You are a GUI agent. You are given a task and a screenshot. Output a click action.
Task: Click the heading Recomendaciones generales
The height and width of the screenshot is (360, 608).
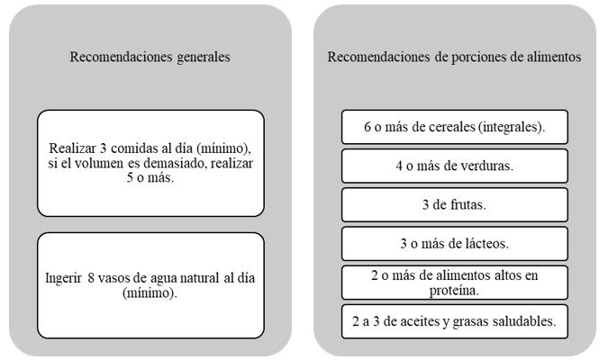point(150,57)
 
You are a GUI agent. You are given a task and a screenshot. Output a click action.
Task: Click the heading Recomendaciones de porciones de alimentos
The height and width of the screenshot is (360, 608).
point(454,57)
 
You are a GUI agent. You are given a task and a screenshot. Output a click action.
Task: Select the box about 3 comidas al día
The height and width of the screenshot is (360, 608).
point(150,163)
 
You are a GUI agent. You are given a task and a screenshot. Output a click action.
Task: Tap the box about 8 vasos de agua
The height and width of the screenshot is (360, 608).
point(150,285)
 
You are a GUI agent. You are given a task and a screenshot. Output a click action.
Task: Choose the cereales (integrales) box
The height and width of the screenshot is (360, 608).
point(455,127)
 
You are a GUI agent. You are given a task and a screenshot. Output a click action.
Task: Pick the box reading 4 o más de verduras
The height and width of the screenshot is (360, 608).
point(455,166)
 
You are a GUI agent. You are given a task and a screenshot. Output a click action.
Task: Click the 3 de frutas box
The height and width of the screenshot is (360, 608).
point(455,204)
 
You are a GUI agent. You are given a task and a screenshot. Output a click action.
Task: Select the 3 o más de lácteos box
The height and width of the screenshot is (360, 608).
point(455,243)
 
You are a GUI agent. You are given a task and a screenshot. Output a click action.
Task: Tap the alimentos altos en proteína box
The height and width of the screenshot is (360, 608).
point(455,283)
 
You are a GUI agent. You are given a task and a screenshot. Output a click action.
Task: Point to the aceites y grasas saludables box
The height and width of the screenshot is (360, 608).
point(455,321)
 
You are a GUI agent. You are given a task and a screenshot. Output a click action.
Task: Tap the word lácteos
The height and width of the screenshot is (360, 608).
point(483,243)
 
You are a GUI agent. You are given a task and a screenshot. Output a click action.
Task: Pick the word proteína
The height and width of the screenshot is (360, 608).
point(454,290)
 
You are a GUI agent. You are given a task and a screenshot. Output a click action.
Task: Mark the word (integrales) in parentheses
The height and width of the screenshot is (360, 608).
point(511,127)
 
